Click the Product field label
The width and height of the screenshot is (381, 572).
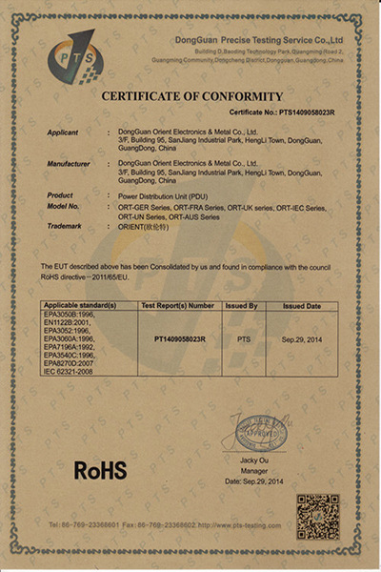pyautogui.click(x=60, y=194)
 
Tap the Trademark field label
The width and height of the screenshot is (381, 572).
pyautogui.click(x=64, y=226)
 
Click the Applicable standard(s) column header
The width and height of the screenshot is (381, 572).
pyautogui.click(x=81, y=306)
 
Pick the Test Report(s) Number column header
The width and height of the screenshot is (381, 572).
pyautogui.click(x=178, y=306)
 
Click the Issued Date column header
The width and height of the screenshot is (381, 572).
pyautogui.click(x=301, y=306)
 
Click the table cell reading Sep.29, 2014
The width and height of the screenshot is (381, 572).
pyautogui.click(x=301, y=338)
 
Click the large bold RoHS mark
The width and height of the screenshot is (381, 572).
pyautogui.click(x=101, y=469)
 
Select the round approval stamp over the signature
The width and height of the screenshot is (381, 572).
pyautogui.click(x=260, y=434)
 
